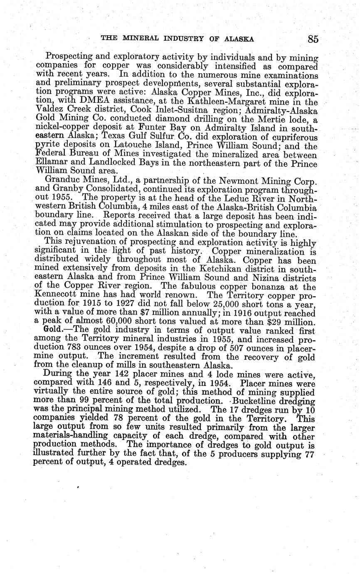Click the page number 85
(x=313, y=39)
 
